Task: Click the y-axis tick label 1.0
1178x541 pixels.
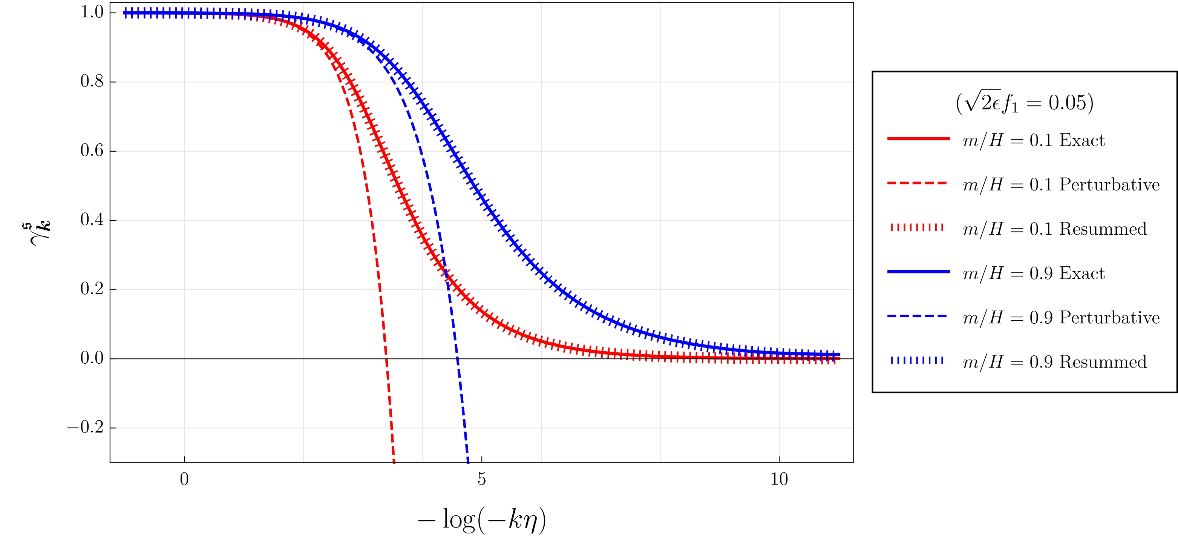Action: click(92, 12)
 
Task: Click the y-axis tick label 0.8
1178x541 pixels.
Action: click(92, 81)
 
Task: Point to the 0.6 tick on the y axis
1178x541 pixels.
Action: click(92, 151)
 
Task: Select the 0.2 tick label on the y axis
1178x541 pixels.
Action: click(92, 289)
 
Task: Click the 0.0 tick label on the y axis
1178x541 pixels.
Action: click(92, 358)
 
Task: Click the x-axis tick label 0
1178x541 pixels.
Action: click(184, 479)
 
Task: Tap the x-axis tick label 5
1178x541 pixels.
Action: click(481, 479)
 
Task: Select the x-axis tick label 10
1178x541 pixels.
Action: click(779, 479)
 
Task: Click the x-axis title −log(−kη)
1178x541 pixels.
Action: click(481, 520)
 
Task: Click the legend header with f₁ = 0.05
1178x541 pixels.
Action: click(1024, 103)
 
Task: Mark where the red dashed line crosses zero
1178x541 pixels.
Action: click(387, 358)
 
